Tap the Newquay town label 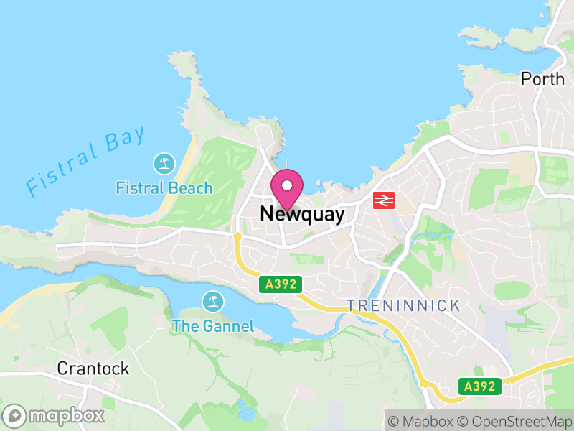coord(302,214)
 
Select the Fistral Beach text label coord(164,188)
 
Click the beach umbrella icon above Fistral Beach coord(164,164)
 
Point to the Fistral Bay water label coord(85,161)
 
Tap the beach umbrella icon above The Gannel coord(212,300)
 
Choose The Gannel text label coord(212,326)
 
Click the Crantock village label coord(93,369)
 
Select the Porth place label coord(542,79)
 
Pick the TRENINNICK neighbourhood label coord(403,306)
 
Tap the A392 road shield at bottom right coord(479,386)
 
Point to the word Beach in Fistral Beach coord(191,188)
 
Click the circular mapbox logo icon coord(14,415)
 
